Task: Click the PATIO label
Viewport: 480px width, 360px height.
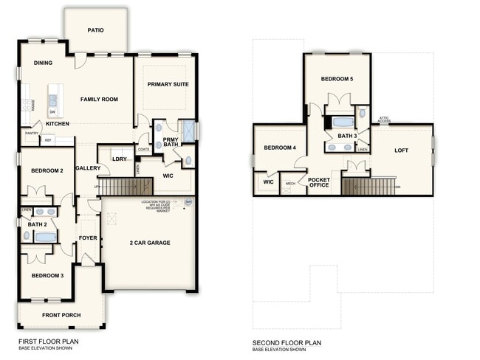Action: tap(95, 30)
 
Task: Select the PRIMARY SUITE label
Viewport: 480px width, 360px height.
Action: tap(168, 84)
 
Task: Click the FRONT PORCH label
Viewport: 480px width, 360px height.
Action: tap(63, 316)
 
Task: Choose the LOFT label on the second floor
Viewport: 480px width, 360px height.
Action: tap(401, 150)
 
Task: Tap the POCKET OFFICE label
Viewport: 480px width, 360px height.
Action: tap(319, 182)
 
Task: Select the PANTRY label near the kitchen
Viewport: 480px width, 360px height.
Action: tap(32, 134)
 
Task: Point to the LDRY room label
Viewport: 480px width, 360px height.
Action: tap(120, 159)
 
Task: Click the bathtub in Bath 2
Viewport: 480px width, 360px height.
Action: tap(45, 237)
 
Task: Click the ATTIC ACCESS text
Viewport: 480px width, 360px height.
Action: tap(384, 119)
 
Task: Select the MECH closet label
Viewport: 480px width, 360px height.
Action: tap(291, 183)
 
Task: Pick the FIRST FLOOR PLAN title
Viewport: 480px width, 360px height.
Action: tap(49, 342)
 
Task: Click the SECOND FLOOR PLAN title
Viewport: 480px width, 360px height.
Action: tap(287, 342)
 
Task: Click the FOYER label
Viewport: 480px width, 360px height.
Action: tap(89, 238)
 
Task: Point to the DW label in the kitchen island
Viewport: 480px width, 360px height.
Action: tap(52, 112)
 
